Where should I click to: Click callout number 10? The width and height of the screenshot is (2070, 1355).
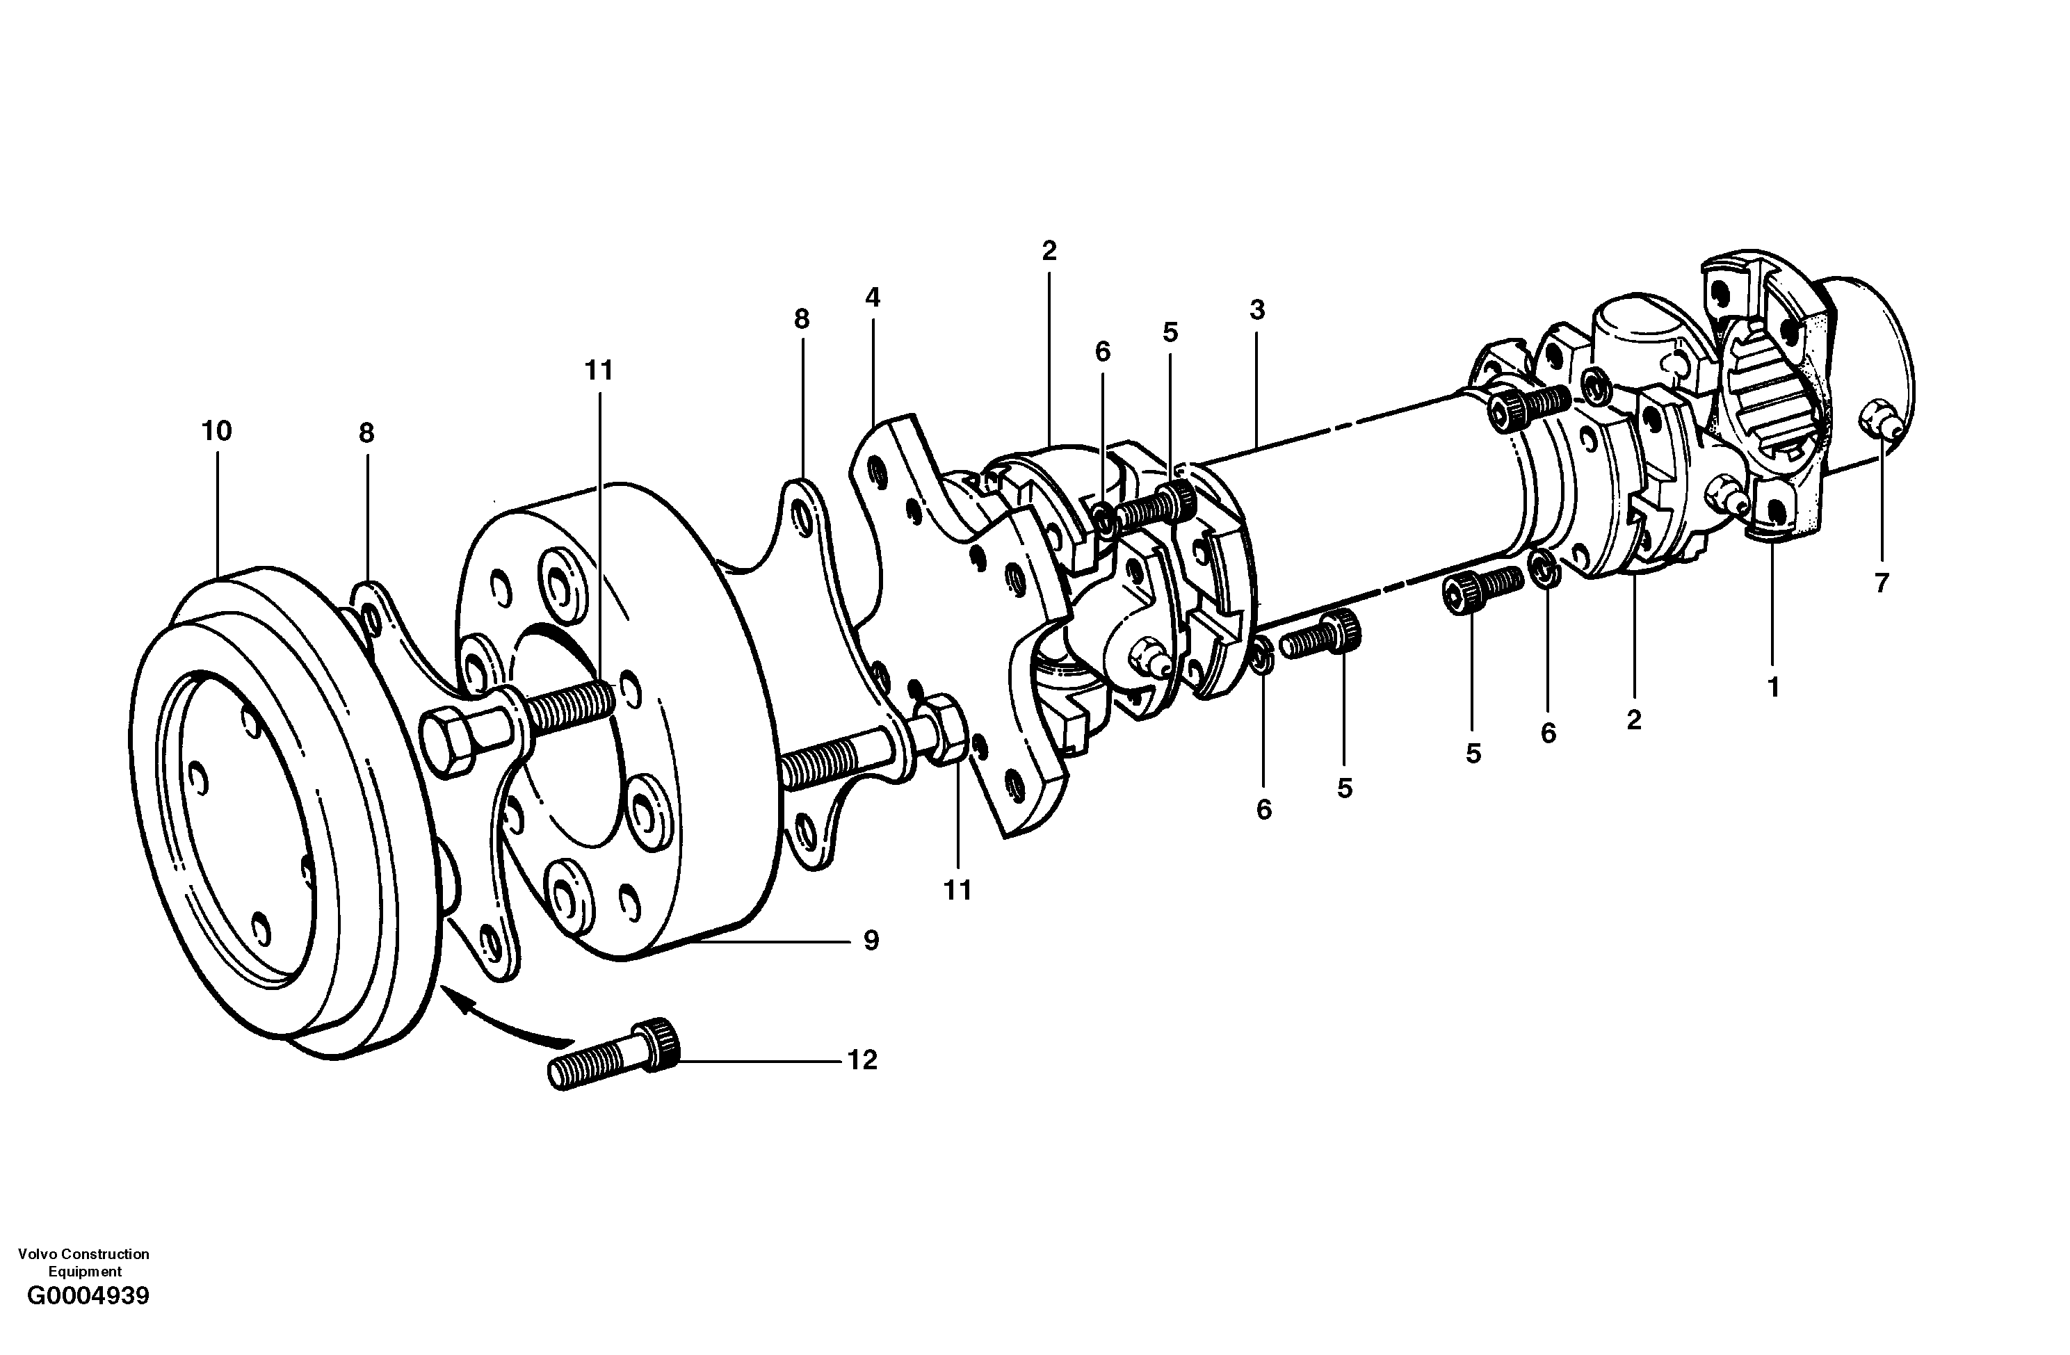coord(216,430)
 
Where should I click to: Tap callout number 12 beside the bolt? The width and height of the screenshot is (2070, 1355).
coord(862,1060)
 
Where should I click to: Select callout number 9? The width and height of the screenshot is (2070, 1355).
coord(871,940)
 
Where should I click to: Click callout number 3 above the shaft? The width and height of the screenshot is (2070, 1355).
coord(1256,309)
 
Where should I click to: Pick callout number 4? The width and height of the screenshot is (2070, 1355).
coord(873,298)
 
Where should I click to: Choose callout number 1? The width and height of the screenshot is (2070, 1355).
coord(1773,687)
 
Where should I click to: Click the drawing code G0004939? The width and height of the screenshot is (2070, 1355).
coord(88,1320)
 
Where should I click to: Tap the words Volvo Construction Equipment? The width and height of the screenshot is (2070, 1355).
coord(83,1261)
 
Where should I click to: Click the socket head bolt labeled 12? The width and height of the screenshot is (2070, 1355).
coord(614,1055)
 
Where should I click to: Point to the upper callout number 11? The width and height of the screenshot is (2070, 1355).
coord(599,371)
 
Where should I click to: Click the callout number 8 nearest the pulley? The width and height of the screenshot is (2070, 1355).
coord(366,433)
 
